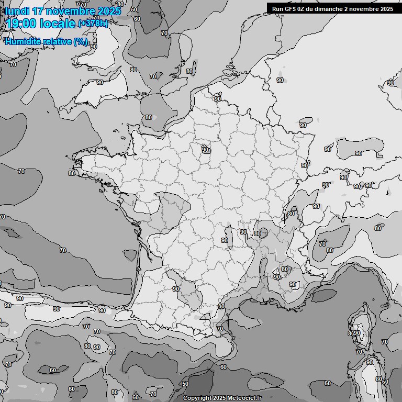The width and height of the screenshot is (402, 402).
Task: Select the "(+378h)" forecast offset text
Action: (x=93, y=23)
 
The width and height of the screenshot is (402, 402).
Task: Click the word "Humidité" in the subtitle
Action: (x=24, y=41)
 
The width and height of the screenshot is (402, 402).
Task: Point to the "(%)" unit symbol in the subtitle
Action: (x=81, y=41)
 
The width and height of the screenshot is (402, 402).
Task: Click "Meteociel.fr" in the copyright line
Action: (x=244, y=398)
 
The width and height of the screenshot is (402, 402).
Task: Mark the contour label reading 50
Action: (x=185, y=384)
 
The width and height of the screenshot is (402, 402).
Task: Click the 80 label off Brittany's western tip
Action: (x=71, y=173)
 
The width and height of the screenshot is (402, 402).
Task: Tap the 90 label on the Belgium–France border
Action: (x=218, y=98)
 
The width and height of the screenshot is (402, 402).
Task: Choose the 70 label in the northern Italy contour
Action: (x=322, y=243)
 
